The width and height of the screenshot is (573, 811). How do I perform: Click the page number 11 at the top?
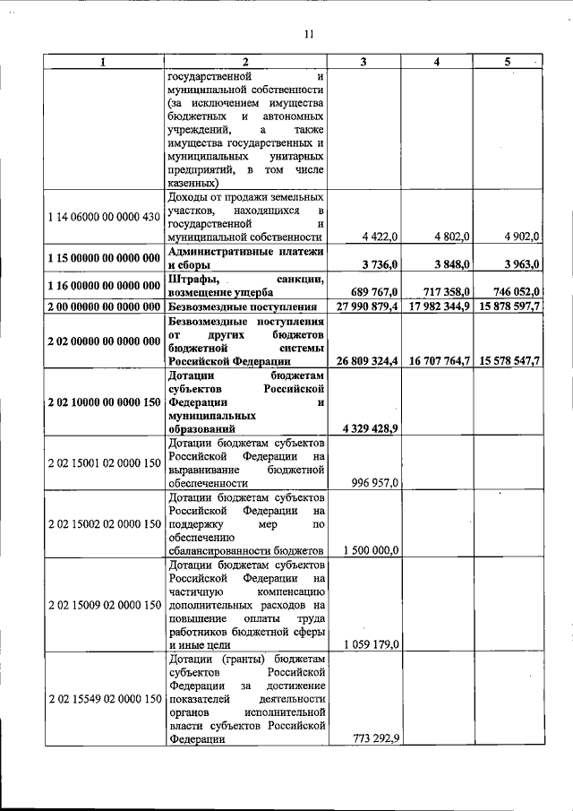307,34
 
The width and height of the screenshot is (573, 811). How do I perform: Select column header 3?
363,62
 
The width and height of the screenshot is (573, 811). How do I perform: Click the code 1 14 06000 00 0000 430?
104,216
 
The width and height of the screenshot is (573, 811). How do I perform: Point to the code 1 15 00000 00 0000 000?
104,257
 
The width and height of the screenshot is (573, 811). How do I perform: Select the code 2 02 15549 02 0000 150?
104,698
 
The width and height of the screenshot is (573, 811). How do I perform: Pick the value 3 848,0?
452,264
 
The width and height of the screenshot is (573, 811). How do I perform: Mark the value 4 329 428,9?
367,429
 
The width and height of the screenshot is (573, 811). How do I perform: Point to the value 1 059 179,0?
370,644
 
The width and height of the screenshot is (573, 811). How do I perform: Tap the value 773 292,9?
375,739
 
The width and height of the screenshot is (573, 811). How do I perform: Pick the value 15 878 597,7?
509,307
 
